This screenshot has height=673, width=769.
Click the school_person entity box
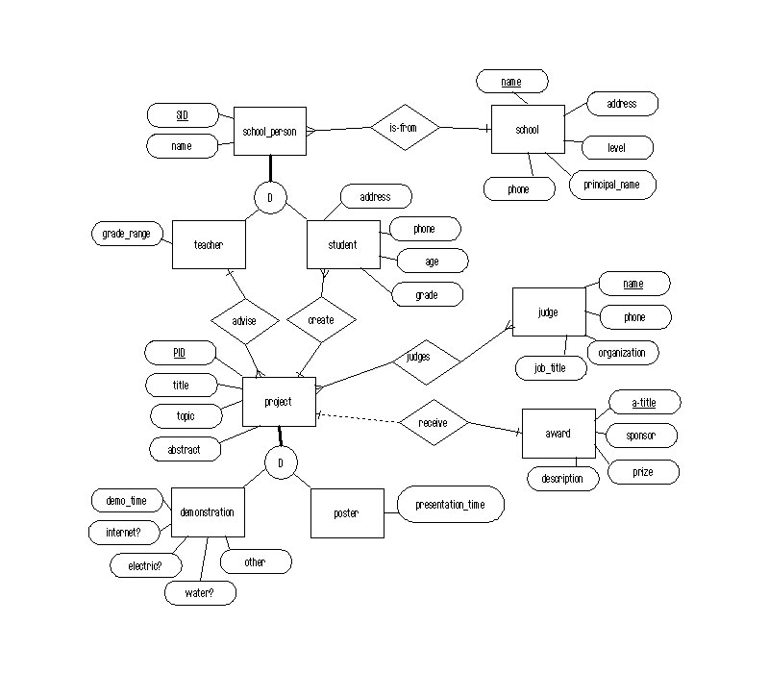[x=269, y=131]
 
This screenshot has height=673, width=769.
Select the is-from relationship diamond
[x=405, y=127]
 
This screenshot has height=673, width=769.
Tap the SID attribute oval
[x=182, y=115]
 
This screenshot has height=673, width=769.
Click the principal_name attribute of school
[x=612, y=184]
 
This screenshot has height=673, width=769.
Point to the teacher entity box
[x=209, y=245]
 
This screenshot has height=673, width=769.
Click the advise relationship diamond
[x=244, y=320]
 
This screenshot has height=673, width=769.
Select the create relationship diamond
[x=322, y=320]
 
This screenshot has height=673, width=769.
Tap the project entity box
[x=278, y=402]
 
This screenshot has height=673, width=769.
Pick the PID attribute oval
[x=179, y=354]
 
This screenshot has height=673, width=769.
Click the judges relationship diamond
[x=419, y=357]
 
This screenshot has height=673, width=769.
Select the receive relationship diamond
[x=434, y=422]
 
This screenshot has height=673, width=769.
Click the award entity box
[x=558, y=434]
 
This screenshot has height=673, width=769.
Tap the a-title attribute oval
[x=644, y=401]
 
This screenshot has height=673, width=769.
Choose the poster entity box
[x=346, y=513]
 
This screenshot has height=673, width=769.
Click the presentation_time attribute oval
[x=450, y=504]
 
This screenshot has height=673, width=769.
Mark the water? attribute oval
[x=199, y=593]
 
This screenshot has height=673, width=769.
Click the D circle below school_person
[x=270, y=199]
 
